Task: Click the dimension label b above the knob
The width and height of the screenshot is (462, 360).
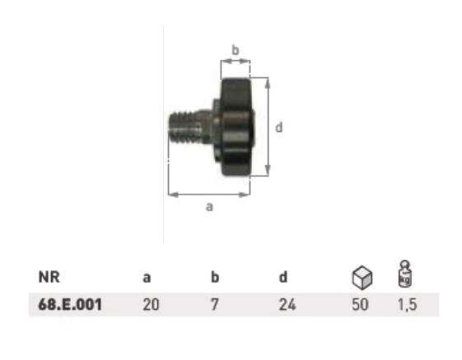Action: click(236, 50)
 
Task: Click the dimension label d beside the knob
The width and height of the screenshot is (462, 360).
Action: click(278, 127)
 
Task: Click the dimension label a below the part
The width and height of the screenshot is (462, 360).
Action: click(209, 207)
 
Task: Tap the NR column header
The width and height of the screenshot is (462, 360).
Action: click(49, 277)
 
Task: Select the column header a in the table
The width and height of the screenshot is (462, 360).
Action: click(147, 278)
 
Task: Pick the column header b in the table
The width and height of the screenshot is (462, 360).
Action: click(215, 277)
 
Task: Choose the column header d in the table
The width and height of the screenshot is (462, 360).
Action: click(282, 277)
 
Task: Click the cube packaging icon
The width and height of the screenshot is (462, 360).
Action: click(362, 277)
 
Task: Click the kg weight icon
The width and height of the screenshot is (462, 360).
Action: click(405, 274)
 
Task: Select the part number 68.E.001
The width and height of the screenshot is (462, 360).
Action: click(70, 304)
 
